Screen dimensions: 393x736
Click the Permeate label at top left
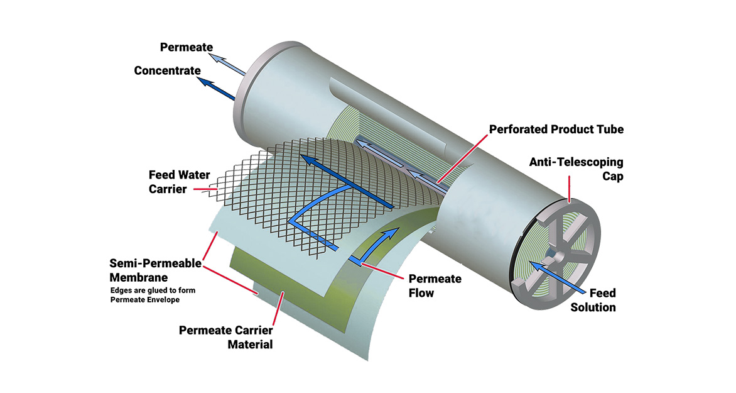click(187, 47)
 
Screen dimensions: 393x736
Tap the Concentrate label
click(167, 70)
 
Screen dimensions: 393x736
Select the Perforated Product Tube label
click(556, 129)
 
